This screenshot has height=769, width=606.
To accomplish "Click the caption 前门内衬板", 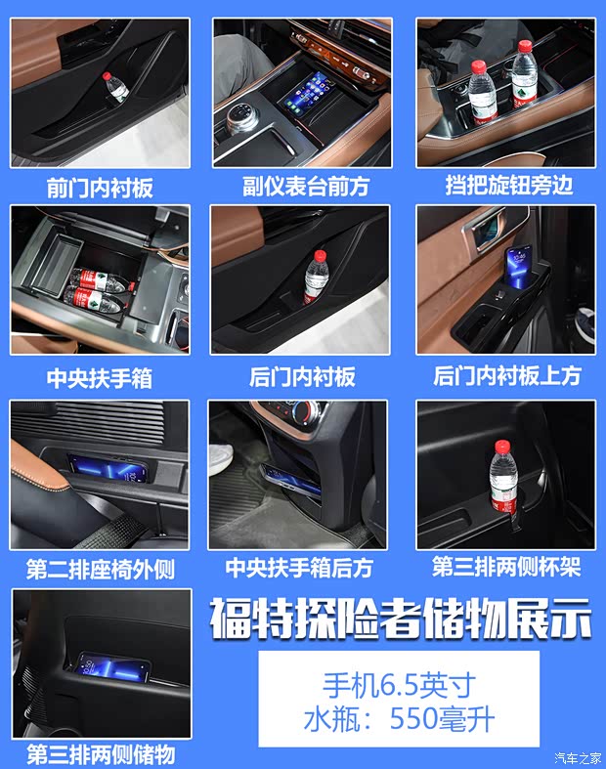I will point(100,188).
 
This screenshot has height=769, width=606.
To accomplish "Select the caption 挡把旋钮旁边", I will point(506,186).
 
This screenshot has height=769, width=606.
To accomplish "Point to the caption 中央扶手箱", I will point(100,377).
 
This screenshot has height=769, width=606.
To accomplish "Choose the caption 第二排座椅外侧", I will point(100,569).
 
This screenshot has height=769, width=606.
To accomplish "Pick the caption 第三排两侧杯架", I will point(506,567).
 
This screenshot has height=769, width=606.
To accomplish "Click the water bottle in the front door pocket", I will point(116,87).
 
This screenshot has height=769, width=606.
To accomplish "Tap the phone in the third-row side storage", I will point(114,666).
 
